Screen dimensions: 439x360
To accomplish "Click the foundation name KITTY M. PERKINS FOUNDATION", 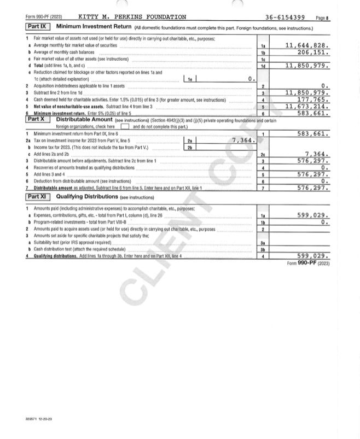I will click(132, 17).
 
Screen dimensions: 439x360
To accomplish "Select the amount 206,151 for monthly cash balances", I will click(312, 52).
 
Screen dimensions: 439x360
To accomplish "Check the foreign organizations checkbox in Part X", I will click(125, 126).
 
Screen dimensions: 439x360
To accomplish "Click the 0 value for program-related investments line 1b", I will click(324, 223).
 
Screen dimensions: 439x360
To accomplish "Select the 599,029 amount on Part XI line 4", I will click(312, 256).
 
